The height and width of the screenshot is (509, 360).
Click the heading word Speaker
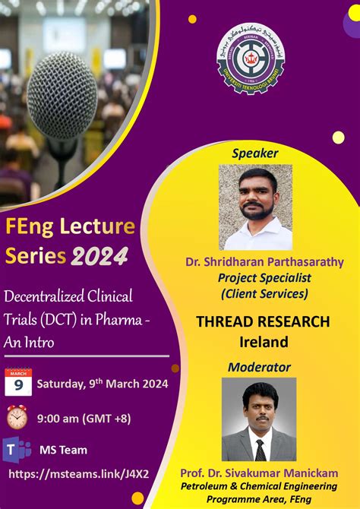click(x=255, y=153)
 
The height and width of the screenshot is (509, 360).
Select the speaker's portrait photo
click(x=256, y=207)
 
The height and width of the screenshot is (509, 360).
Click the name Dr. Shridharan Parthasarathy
click(x=264, y=262)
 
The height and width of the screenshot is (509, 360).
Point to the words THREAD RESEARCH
click(x=263, y=321)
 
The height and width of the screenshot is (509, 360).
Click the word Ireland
click(x=263, y=342)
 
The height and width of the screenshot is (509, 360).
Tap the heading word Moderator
click(x=259, y=367)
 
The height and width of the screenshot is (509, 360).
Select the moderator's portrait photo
click(x=259, y=419)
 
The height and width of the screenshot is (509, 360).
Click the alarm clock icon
click(x=17, y=417)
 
